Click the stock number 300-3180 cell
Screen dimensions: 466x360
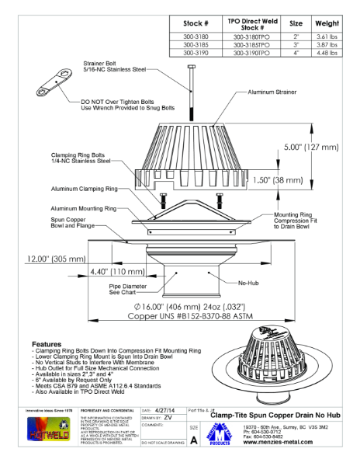[194, 37]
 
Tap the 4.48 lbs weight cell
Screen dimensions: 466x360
[324, 54]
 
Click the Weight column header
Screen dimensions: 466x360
[324, 23]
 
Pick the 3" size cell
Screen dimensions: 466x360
[296, 45]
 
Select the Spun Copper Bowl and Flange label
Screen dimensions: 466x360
[67, 226]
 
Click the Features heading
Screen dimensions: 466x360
[51, 343]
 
